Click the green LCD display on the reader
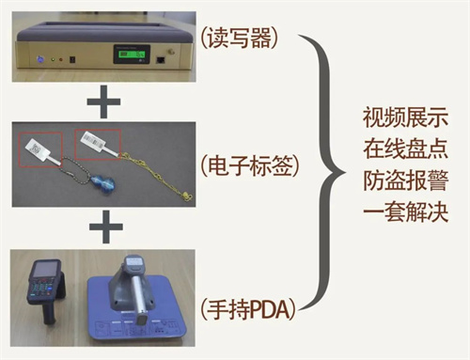point(132,54)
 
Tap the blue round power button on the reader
point(39,58)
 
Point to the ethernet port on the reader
point(161,60)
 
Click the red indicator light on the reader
point(60,59)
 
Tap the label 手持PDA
point(248,309)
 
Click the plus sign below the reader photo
point(103,102)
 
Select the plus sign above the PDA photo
point(106,227)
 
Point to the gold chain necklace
point(157,176)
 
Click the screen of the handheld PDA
point(46,270)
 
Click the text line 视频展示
point(406,117)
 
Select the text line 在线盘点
point(406,149)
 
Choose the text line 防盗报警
point(406,180)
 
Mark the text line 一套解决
point(406,212)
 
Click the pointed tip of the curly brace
point(345,172)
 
